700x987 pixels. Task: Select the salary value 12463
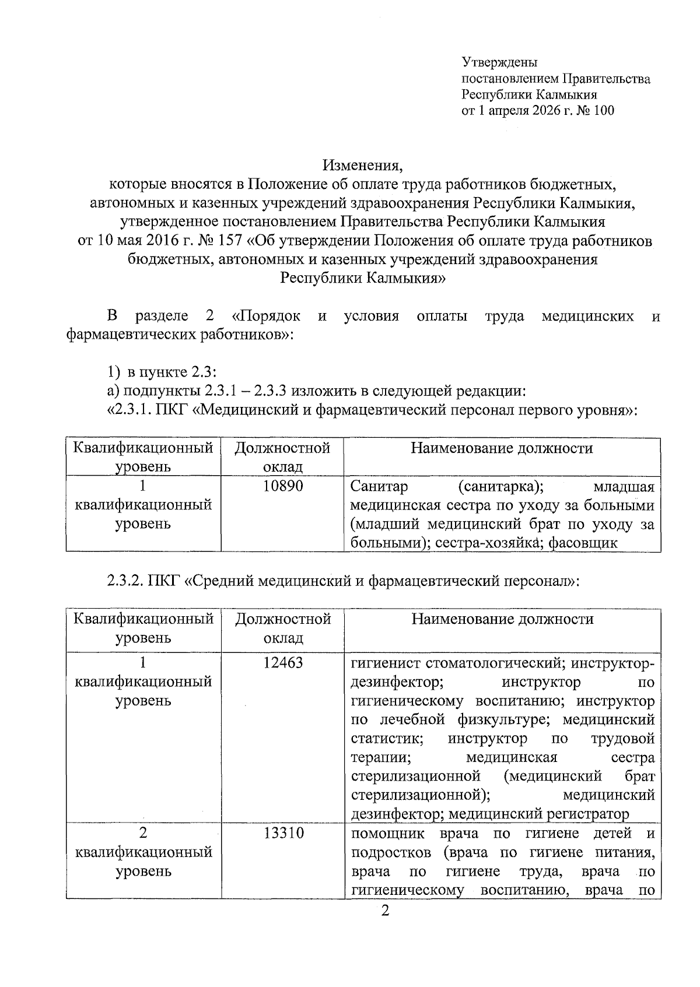283,662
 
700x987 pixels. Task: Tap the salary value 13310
283,833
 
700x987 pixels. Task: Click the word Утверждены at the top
499,62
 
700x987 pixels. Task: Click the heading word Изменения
363,166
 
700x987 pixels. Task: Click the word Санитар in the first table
380,486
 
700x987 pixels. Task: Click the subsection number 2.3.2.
125,581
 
